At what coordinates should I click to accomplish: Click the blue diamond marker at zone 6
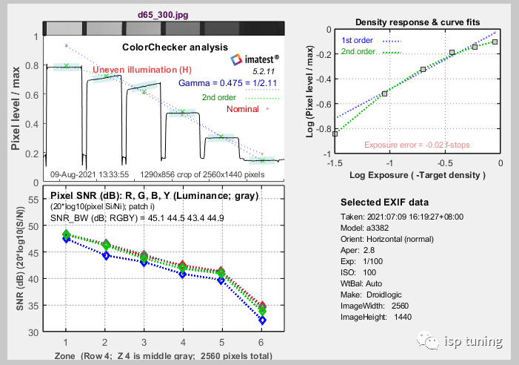(x=262, y=320)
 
